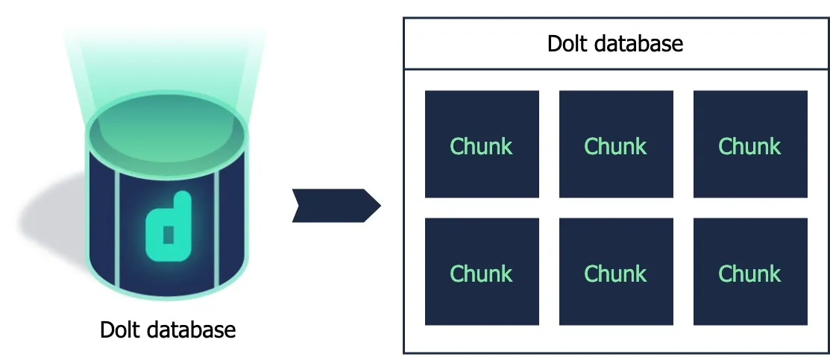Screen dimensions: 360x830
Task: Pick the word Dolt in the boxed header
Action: (x=565, y=43)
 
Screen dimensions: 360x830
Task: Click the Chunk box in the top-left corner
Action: (x=482, y=145)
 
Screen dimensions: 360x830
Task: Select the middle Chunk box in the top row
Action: (x=616, y=145)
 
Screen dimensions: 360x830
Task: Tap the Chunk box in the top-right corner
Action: (x=750, y=145)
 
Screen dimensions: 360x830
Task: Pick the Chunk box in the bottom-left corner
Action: (x=482, y=272)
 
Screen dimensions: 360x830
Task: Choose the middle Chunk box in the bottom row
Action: (x=616, y=272)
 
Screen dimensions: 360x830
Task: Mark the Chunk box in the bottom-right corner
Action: (x=750, y=272)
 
